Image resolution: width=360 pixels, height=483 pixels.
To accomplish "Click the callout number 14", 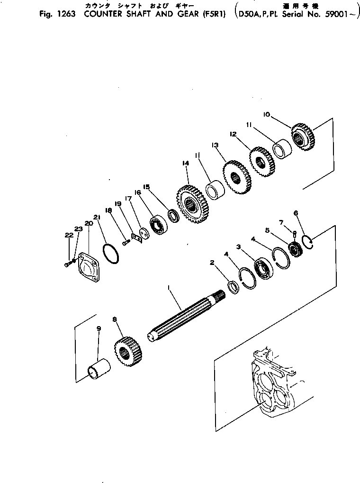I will tap(185, 163).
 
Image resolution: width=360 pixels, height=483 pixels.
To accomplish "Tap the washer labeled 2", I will tap(233, 287).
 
